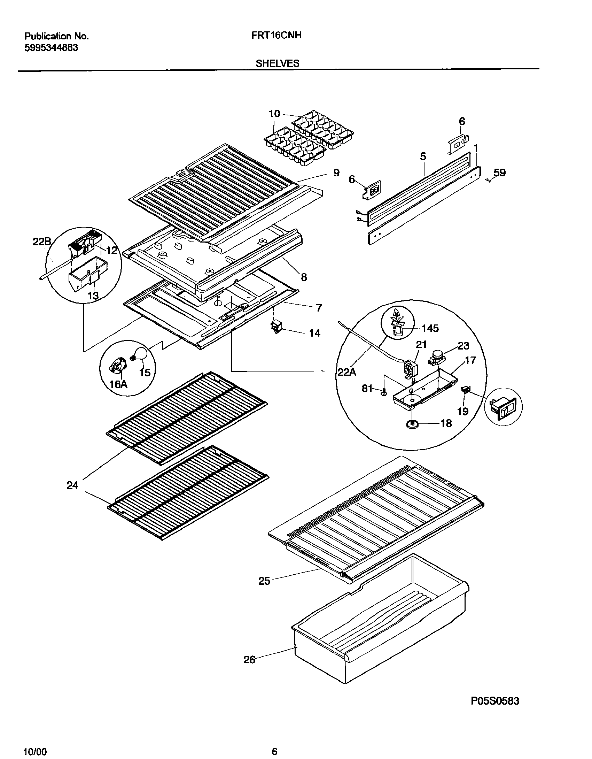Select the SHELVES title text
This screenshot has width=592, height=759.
[277, 63]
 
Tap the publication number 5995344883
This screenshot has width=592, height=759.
[51, 48]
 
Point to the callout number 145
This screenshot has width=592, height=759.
[430, 328]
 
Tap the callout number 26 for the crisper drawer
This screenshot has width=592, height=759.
[249, 660]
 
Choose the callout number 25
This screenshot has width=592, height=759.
[264, 581]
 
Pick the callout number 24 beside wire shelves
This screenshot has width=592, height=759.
[72, 485]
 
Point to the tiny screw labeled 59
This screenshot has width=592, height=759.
[488, 179]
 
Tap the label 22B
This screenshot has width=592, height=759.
[42, 242]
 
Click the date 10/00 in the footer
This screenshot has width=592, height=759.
[35, 749]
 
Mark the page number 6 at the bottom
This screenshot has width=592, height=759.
[274, 749]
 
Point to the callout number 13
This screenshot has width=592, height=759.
[93, 296]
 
